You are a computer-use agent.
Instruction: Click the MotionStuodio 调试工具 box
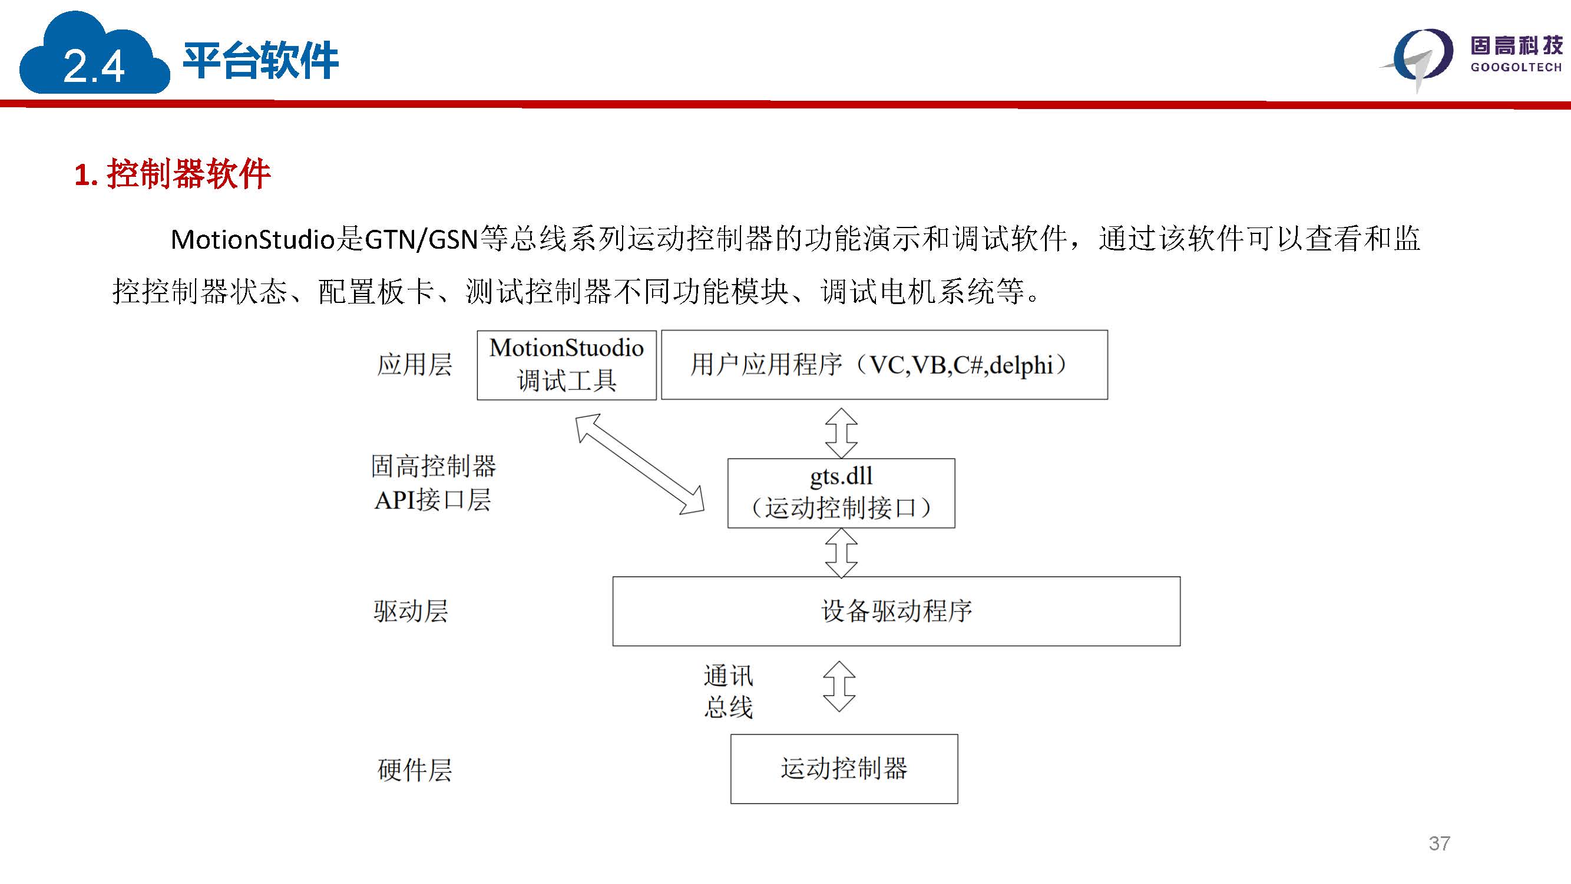pos(567,365)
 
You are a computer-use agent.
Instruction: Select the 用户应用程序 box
pos(884,365)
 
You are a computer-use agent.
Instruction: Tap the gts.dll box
pos(841,493)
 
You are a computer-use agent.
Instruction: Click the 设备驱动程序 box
pos(896,611)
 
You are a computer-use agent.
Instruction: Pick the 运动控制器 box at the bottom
pos(844,768)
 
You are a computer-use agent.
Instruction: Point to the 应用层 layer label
pos(415,365)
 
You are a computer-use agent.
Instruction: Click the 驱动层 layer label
pos(411,611)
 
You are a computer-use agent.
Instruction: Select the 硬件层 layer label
pos(415,770)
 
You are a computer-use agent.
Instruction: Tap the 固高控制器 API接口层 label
pos(434,483)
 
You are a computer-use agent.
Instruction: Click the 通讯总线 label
pos(729,691)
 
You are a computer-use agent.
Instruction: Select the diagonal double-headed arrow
pos(640,464)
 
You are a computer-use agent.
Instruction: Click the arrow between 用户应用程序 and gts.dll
pos(842,433)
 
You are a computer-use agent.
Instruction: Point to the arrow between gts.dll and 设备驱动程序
pos(842,553)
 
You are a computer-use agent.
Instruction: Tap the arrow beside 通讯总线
pos(839,687)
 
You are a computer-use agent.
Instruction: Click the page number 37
pos(1439,843)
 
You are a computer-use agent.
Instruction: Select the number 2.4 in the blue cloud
pos(94,66)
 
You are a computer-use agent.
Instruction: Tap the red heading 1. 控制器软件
pos(173,174)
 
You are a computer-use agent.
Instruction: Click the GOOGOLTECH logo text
pos(1516,67)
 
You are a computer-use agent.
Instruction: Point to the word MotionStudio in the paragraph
pos(253,239)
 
